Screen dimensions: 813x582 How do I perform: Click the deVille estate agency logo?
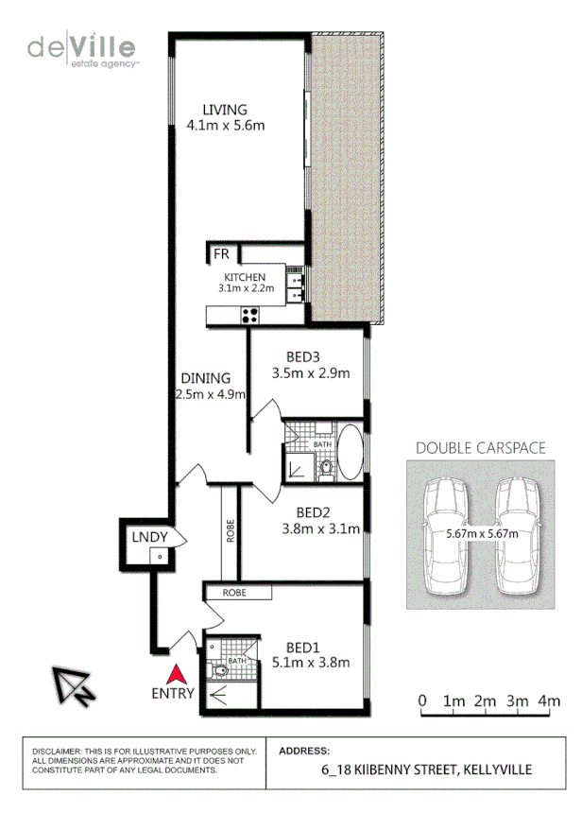pos(83,49)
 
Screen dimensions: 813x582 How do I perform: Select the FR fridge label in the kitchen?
pos(222,254)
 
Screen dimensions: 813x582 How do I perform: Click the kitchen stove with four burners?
pos(250,317)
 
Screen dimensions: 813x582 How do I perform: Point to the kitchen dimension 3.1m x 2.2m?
pos(246,288)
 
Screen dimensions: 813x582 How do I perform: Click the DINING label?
pos(205,378)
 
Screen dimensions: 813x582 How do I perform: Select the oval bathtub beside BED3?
pos(350,453)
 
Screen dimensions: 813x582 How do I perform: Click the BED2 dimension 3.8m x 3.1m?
pos(322,529)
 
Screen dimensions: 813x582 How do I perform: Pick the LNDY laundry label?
pos(149,537)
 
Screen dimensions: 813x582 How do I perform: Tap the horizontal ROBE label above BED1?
pos(236,593)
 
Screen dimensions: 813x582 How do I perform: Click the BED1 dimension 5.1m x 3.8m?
pos(311,662)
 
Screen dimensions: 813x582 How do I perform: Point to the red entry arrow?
pos(174,674)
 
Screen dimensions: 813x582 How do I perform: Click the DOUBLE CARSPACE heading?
pos(480,448)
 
